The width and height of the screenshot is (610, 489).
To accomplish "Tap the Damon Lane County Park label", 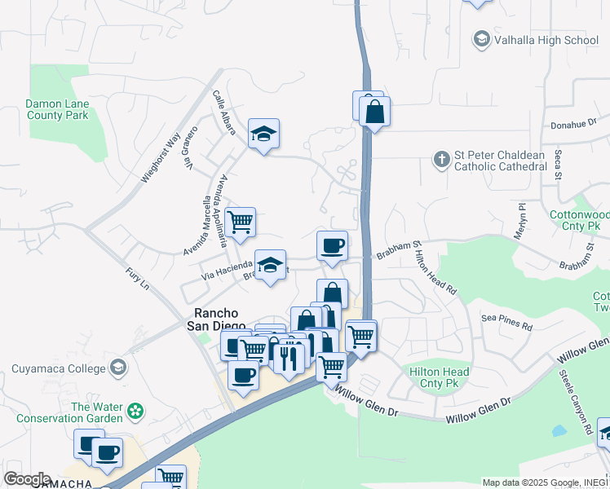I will coord(56,109).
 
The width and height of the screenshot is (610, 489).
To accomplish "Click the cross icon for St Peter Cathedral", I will coord(441,159).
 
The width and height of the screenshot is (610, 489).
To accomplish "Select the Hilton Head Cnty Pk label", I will coord(439,377).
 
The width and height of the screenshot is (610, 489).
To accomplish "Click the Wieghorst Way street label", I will coord(160,159).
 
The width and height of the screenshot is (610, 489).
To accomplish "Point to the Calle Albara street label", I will coord(224,112).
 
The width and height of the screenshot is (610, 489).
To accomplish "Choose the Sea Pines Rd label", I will coord(506,322).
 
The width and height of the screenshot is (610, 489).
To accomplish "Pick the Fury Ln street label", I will coord(138,279).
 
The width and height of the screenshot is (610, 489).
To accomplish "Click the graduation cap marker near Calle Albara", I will coord(263,134).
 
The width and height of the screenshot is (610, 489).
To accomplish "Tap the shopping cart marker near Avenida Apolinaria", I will coord(240,222).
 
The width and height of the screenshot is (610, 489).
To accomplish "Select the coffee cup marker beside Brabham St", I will coord(332,246).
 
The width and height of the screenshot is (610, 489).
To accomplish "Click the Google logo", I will coord(27,479).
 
